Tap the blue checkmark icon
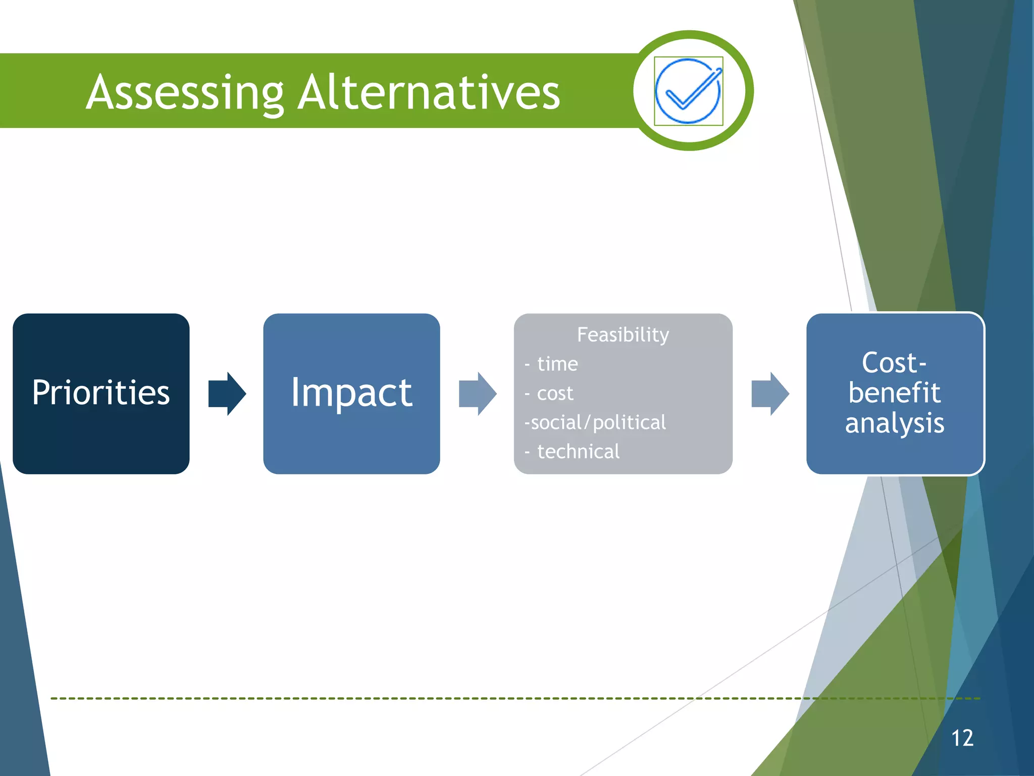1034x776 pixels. [x=688, y=91]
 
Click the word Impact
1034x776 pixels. [x=351, y=393]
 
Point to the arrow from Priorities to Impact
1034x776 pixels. [x=227, y=394]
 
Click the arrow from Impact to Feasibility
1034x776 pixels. [x=477, y=394]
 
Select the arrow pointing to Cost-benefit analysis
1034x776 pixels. [x=769, y=394]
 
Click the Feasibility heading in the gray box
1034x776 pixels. [x=623, y=334]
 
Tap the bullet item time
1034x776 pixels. [x=557, y=364]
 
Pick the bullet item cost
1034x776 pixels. [x=555, y=393]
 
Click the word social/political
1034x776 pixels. [x=598, y=422]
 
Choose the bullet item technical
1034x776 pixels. [x=578, y=451]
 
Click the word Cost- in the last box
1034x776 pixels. [x=894, y=363]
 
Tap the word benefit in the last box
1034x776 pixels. [x=894, y=393]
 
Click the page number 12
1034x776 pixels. [x=962, y=738]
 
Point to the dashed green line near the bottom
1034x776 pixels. [x=404, y=698]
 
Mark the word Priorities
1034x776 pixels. [x=101, y=393]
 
